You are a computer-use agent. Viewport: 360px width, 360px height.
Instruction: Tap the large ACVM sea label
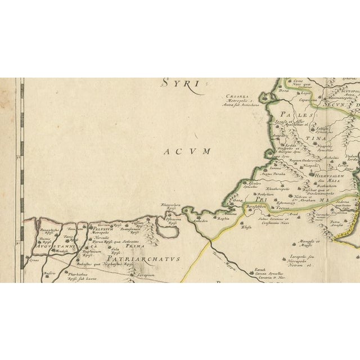pyautogui.click(x=188, y=151)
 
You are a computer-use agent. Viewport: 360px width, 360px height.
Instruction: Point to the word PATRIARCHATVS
pyautogui.click(x=145, y=259)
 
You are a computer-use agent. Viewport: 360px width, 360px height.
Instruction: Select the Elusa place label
pyautogui.click(x=246, y=228)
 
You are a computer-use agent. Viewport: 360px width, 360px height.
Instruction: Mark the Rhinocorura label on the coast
pyautogui.click(x=170, y=206)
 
